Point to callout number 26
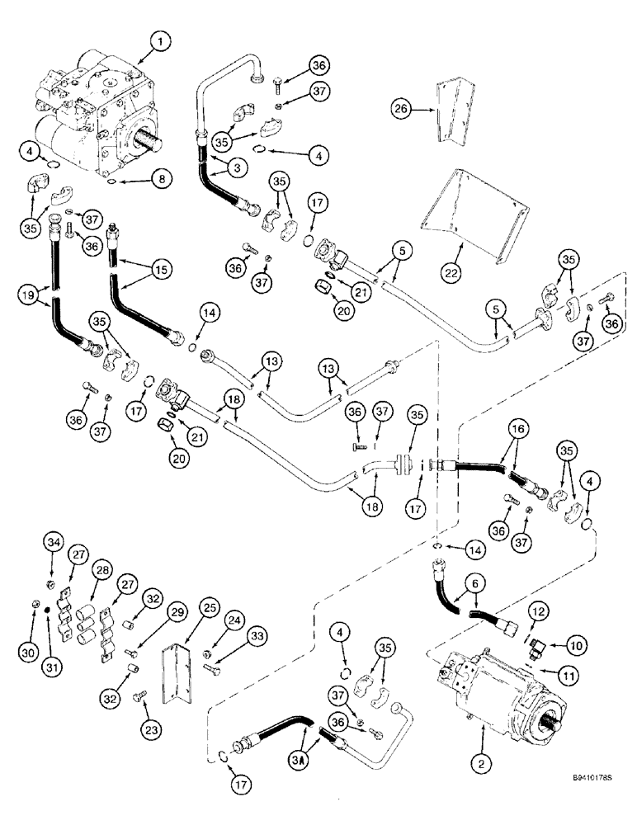point(401,108)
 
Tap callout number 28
point(103,572)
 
